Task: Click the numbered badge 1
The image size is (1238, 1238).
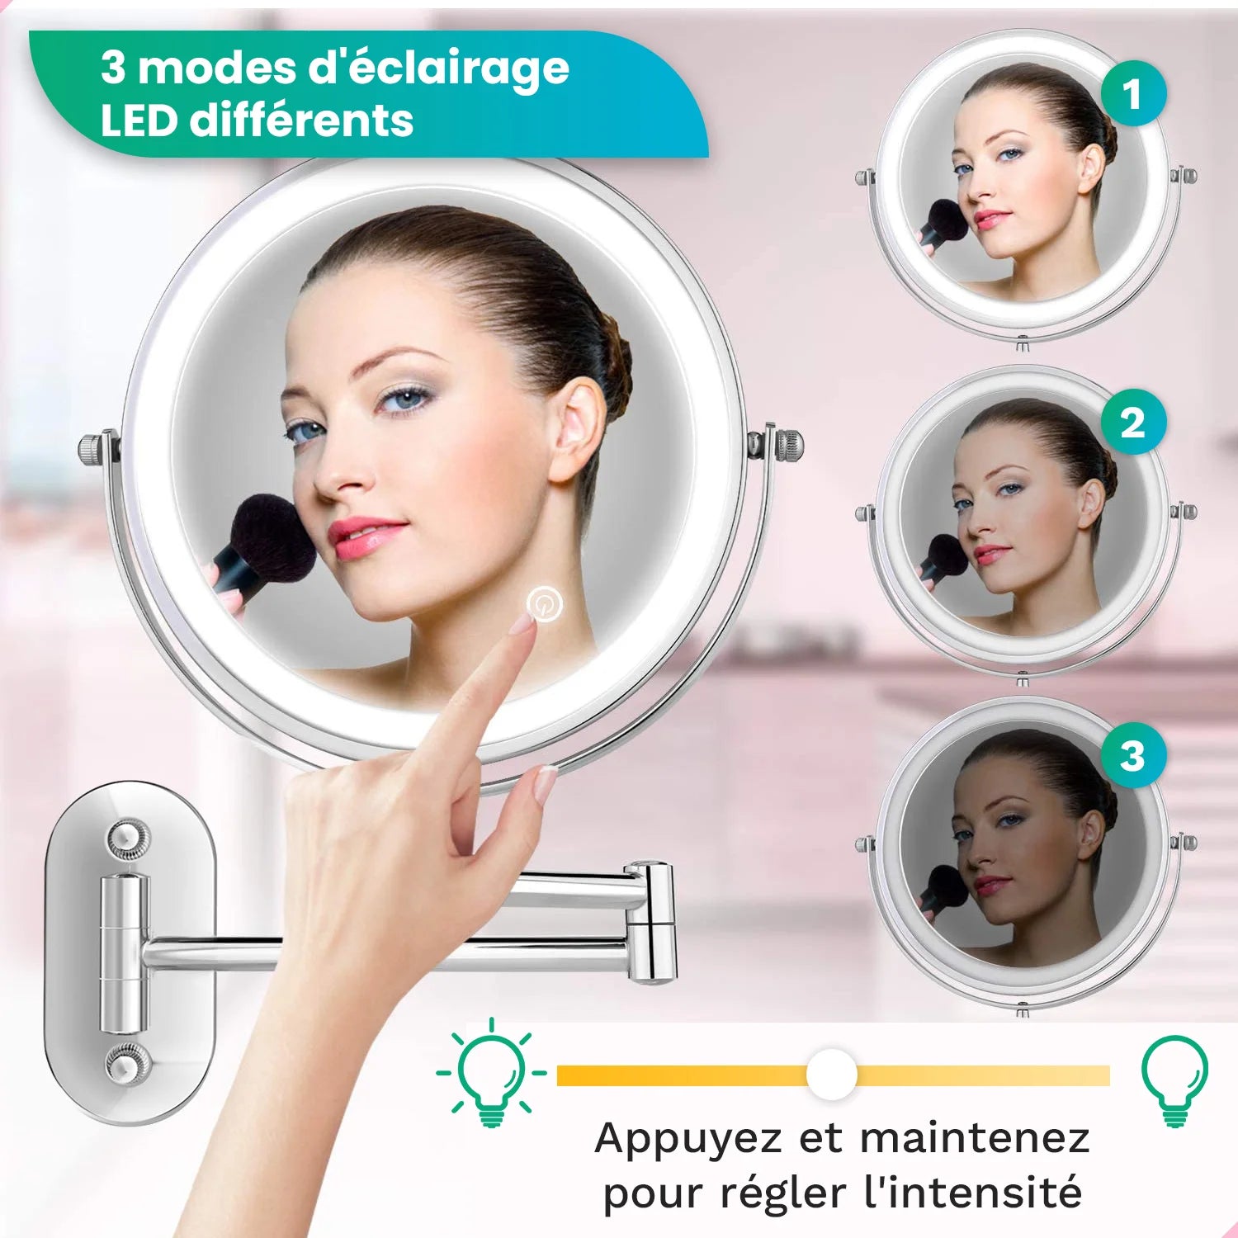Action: [x=1133, y=93]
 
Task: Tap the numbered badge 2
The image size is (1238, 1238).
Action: [x=1133, y=422]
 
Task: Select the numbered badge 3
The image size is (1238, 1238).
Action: [x=1133, y=755]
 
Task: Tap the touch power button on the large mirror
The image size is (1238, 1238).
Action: [x=545, y=604]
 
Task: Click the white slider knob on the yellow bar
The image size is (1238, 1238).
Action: [x=832, y=1074]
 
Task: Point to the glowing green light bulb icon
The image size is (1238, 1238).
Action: [x=491, y=1073]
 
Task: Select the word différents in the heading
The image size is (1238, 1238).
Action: [x=301, y=120]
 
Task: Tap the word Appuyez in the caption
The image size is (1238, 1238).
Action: [x=688, y=1139]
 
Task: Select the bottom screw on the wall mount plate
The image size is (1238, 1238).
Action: [x=128, y=1063]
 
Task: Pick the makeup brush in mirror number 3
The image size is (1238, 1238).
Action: [x=943, y=892]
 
